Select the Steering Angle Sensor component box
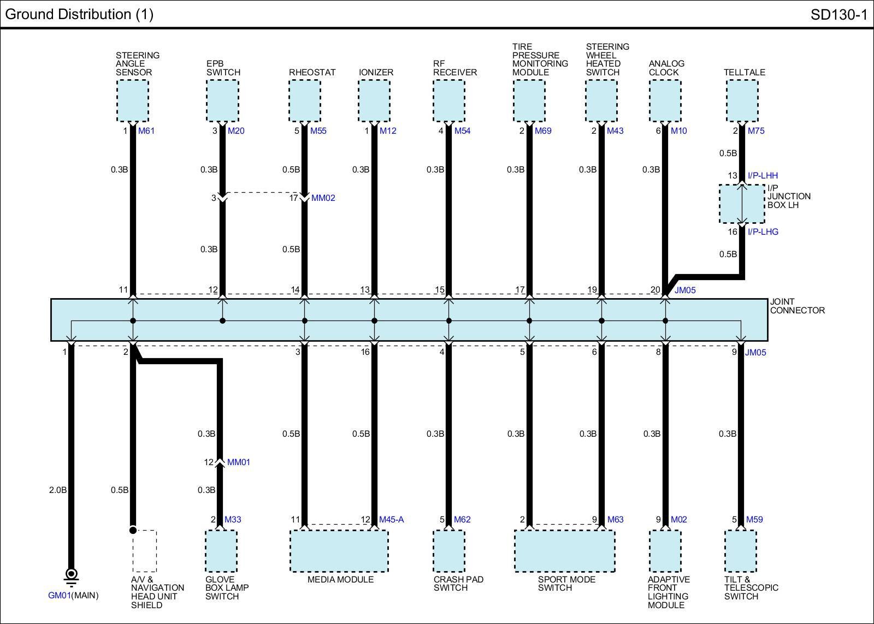[x=133, y=101]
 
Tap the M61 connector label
[x=146, y=131]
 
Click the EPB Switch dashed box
[x=222, y=101]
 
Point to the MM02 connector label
[x=323, y=198]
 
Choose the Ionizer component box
[x=374, y=101]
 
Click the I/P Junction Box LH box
[x=741, y=204]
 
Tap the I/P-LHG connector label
[x=763, y=232]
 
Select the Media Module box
[x=339, y=551]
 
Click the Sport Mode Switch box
[x=565, y=551]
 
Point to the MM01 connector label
[x=238, y=462]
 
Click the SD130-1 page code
[x=838, y=15]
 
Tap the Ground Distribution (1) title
[x=79, y=14]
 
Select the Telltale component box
[x=742, y=101]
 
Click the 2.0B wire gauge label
[x=57, y=490]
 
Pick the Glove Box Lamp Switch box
[x=221, y=551]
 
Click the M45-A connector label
[x=391, y=520]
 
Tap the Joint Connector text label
[x=797, y=306]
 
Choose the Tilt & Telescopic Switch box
[x=741, y=551]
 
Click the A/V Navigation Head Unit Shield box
[x=145, y=551]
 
